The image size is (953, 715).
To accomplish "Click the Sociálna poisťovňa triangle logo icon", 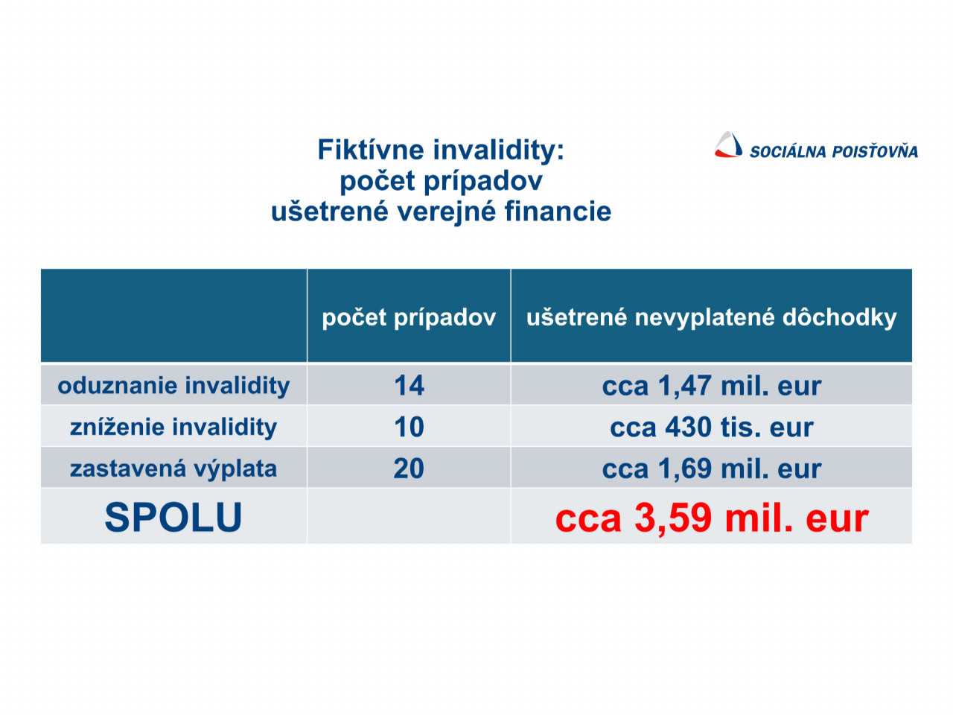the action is tap(727, 144).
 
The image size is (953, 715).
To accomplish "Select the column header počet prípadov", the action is tap(409, 317).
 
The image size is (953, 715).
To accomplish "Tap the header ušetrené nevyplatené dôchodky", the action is tap(711, 317).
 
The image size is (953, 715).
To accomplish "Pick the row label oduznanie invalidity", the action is tap(173, 386).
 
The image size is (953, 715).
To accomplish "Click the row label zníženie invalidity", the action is tap(173, 427).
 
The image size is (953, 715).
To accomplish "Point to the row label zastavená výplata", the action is tap(173, 468).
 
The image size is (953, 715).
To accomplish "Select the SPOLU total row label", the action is tap(173, 517).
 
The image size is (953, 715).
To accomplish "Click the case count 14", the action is tap(409, 386).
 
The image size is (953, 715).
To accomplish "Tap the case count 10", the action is tap(409, 427).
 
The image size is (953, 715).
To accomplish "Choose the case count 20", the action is tap(409, 468).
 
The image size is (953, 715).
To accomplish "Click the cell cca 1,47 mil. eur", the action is tap(712, 386).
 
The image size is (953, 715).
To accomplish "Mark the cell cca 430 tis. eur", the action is tap(712, 428).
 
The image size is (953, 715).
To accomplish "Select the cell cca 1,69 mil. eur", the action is tap(712, 469).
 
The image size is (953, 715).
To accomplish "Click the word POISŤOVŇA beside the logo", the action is tap(874, 150).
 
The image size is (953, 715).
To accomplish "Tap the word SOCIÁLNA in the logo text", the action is tap(787, 151).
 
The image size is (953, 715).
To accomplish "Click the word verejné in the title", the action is tap(447, 213).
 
